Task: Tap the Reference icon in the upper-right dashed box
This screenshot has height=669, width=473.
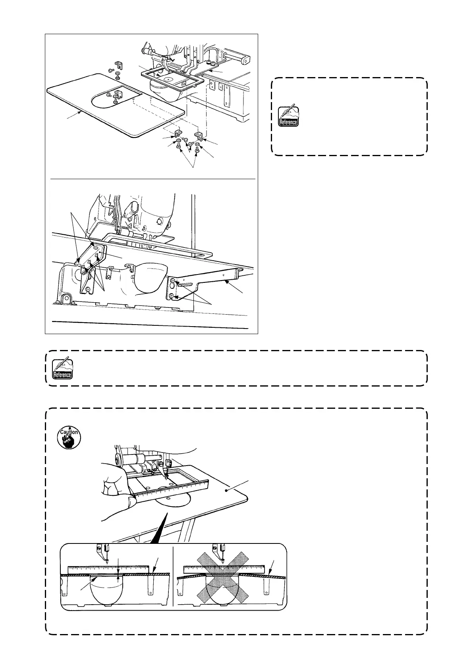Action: click(288, 116)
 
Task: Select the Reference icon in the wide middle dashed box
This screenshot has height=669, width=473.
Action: click(63, 369)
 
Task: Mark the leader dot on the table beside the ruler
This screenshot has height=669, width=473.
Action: click(227, 491)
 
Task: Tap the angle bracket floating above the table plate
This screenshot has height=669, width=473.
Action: click(118, 64)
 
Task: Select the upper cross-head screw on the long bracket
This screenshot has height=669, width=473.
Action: click(172, 282)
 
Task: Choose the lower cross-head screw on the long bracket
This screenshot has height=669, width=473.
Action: click(171, 296)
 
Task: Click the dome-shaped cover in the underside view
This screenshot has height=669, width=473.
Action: click(148, 278)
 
